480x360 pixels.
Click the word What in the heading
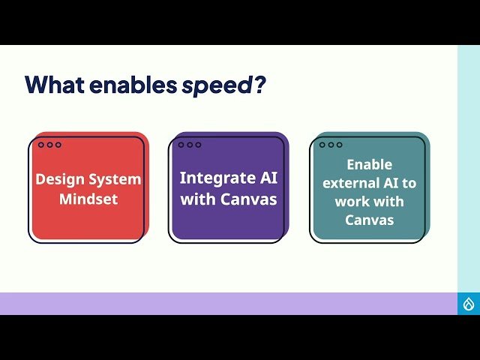pyautogui.click(x=54, y=85)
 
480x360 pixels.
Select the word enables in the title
pyautogui.click(x=132, y=85)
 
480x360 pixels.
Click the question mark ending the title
pyautogui.click(x=259, y=85)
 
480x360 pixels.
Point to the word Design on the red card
pyautogui.click(x=59, y=180)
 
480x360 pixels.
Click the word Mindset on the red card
pyautogui.click(x=88, y=199)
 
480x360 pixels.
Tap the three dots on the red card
pyautogui.click(x=49, y=145)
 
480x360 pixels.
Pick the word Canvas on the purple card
pyautogui.click(x=248, y=199)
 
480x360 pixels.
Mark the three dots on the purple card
pyautogui.click(x=190, y=145)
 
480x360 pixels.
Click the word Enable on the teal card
pyautogui.click(x=369, y=164)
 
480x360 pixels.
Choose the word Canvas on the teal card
pyautogui.click(x=369, y=220)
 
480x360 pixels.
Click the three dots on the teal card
pyautogui.click(x=331, y=145)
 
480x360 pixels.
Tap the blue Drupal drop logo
pyautogui.click(x=469, y=304)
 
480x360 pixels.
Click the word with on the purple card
pyautogui.click(x=198, y=199)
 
